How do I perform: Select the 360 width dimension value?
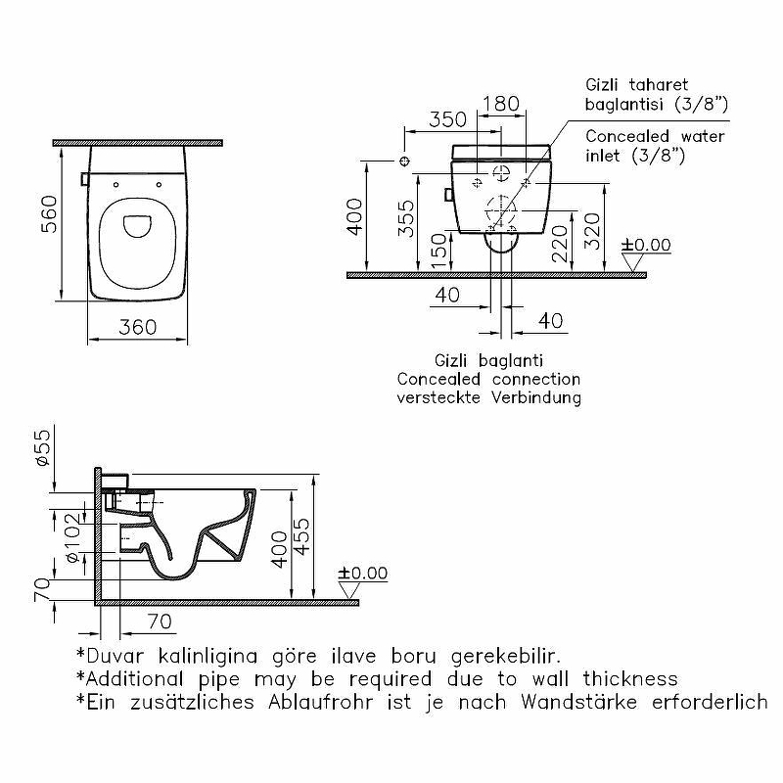coord(136,327)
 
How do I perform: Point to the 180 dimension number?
coord(501,103)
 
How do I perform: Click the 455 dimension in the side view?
coord(304,536)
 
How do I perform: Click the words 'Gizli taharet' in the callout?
coord(636,85)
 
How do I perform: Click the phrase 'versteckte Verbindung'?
coord(488,397)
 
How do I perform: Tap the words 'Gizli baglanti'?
coord(487,359)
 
